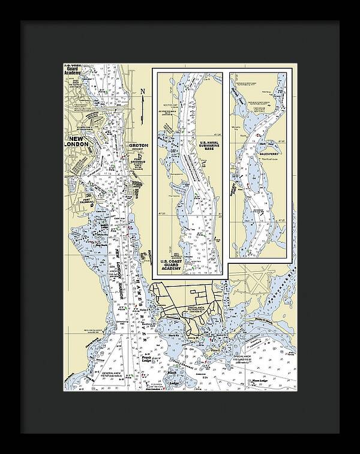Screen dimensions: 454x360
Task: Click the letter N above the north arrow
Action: pyautogui.click(x=142, y=92)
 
